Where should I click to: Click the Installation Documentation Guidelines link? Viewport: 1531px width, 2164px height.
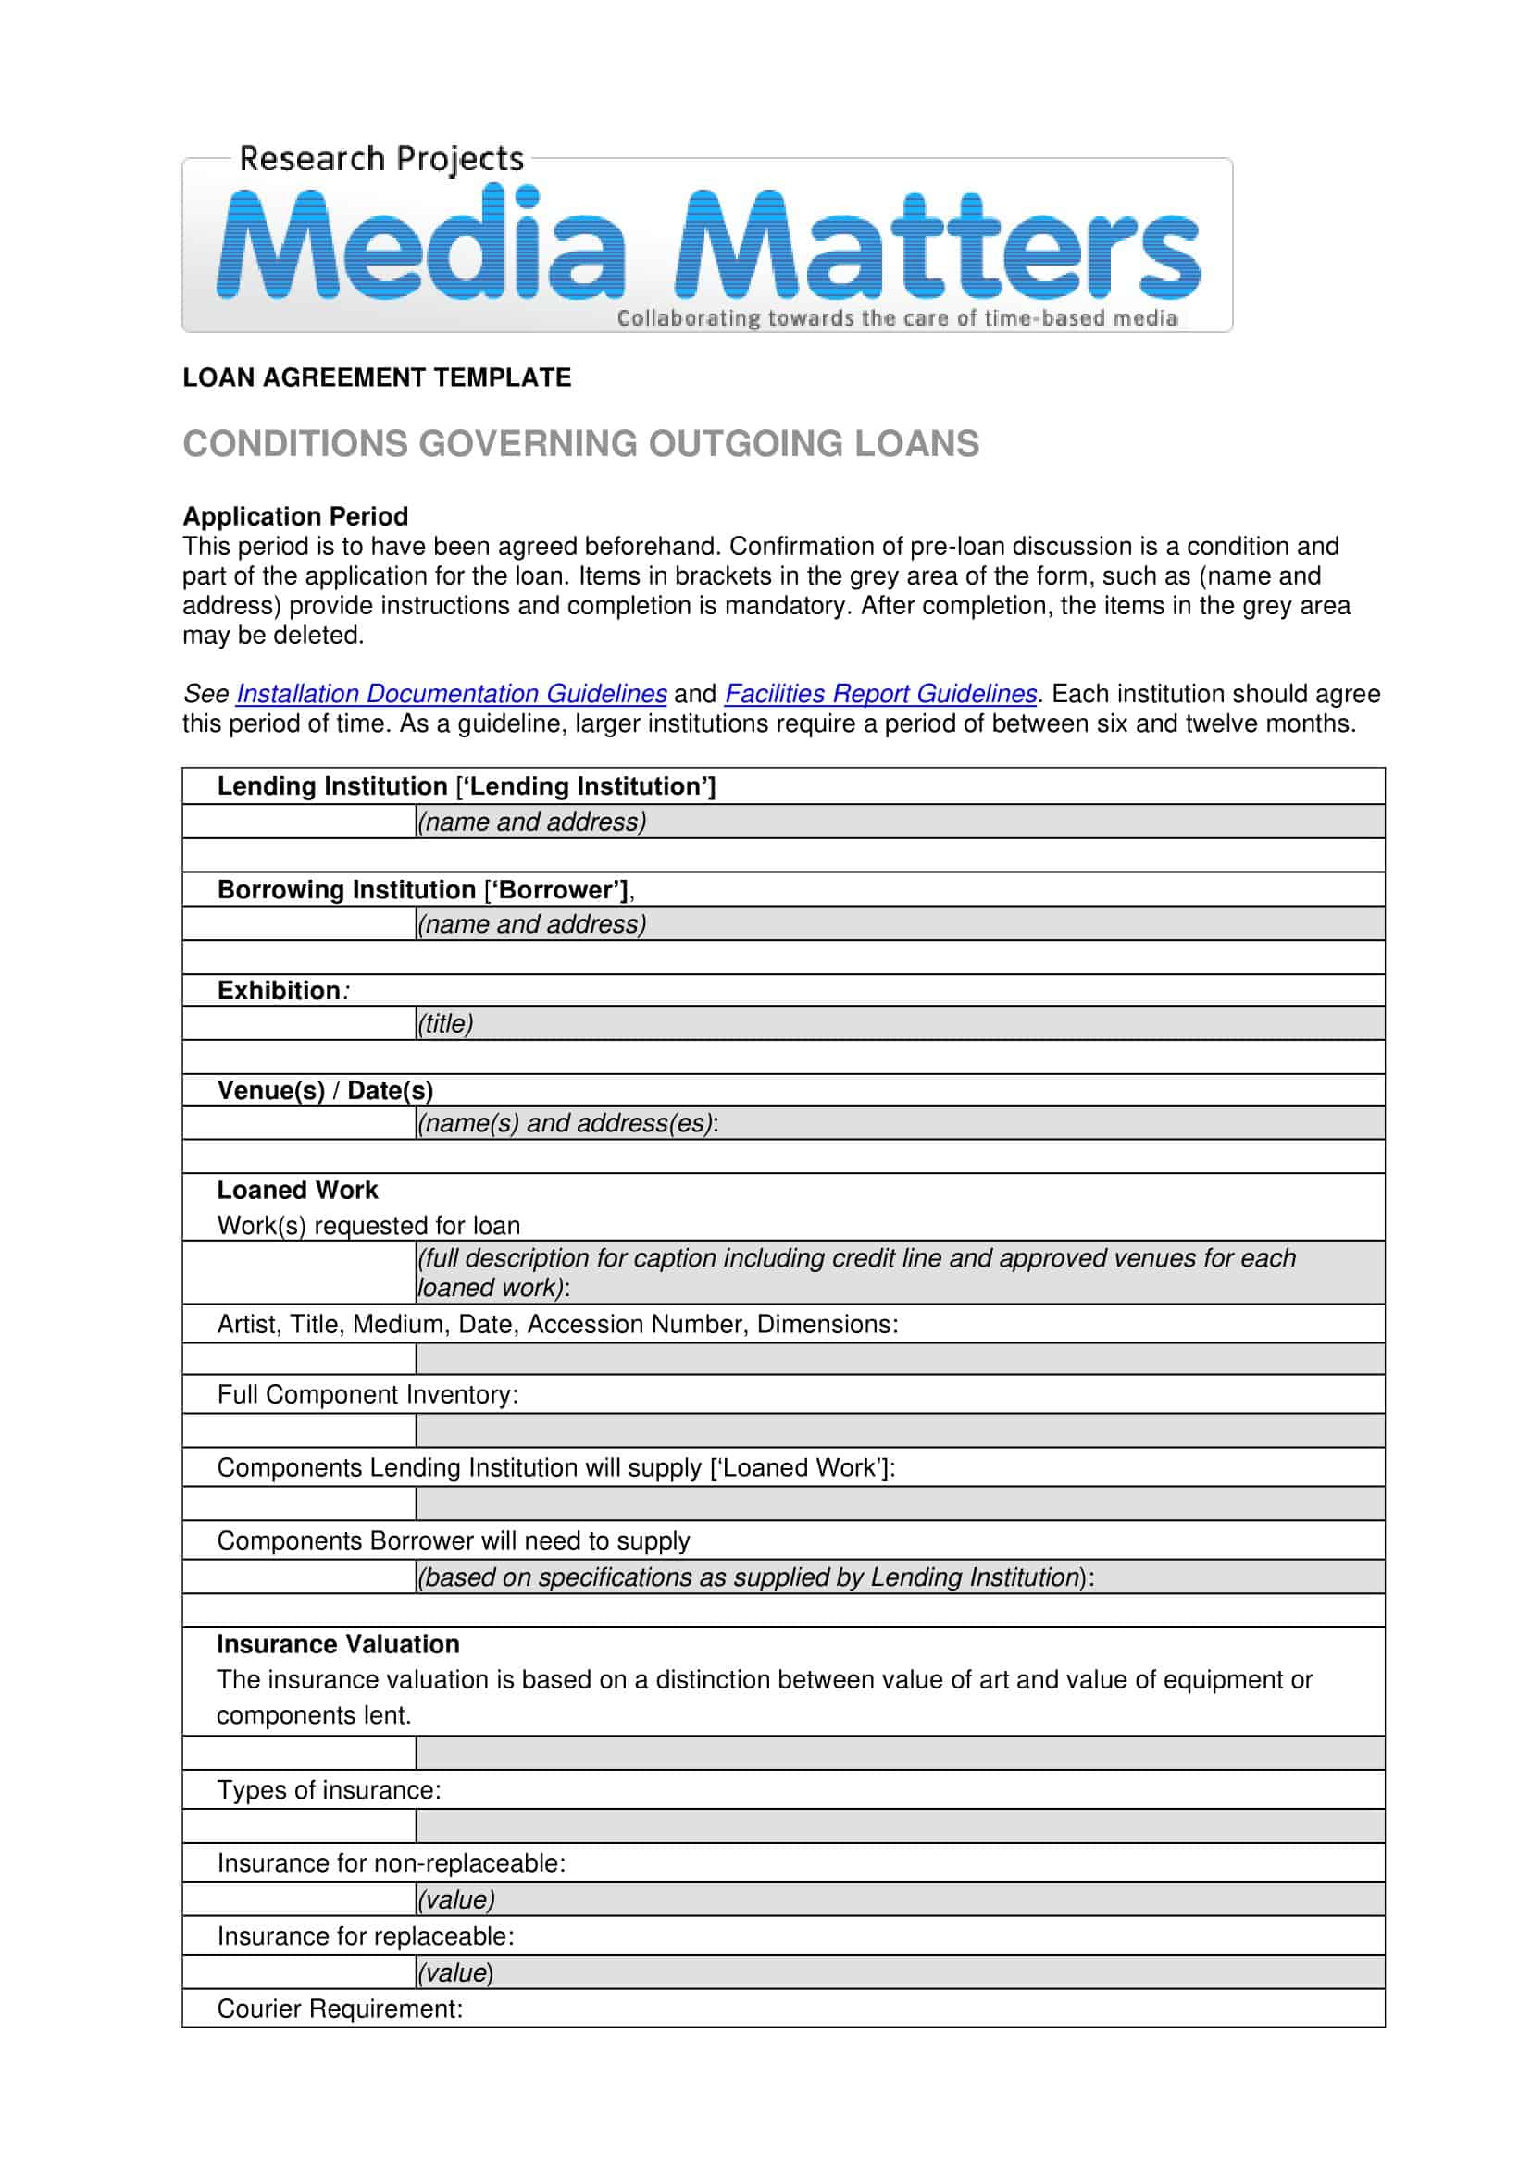coord(451,694)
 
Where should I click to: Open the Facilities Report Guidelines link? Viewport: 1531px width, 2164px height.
coord(880,694)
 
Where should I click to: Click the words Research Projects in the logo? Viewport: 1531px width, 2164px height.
coord(380,158)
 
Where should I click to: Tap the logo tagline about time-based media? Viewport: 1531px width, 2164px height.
coord(897,318)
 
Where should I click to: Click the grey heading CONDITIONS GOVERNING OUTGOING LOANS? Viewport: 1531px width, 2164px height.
coord(580,444)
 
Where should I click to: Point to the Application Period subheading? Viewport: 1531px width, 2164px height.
coord(295,516)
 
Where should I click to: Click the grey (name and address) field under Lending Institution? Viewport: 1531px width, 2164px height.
coord(900,822)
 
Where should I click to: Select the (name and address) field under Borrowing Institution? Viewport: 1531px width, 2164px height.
coord(900,923)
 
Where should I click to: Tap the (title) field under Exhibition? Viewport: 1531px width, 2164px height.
coord(900,1023)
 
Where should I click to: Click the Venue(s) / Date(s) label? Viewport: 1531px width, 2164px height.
coord(325,1091)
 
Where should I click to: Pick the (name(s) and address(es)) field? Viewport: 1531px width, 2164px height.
coord(900,1123)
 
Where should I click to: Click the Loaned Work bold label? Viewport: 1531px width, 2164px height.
coord(297,1191)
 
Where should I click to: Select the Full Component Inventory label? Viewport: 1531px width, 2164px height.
coord(367,1395)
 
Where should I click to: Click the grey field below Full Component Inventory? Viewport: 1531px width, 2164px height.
coord(900,1430)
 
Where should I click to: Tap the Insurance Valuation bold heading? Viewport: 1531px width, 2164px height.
coord(338,1645)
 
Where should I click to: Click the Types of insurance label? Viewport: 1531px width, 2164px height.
coord(329,1791)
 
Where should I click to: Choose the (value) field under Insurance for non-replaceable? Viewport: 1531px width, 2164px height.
coord(900,1899)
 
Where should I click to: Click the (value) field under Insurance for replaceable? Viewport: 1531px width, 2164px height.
coord(900,1972)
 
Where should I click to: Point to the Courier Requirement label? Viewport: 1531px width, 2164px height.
coord(340,2009)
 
